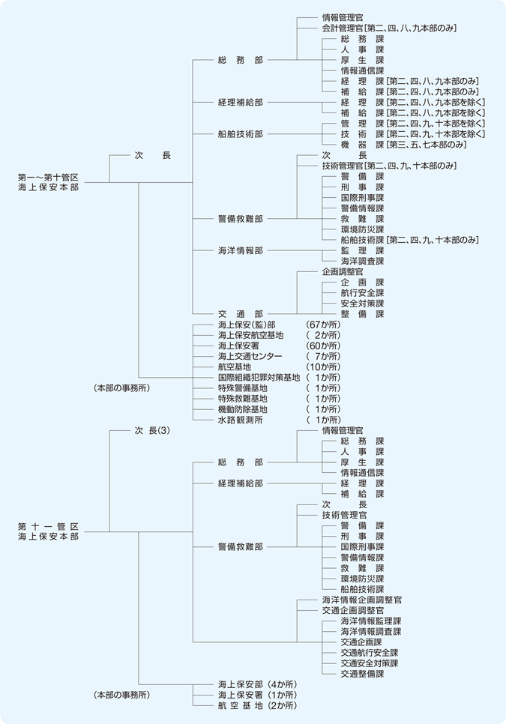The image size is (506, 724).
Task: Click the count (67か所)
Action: coord(323,325)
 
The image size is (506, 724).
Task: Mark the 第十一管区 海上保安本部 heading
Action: coord(48,531)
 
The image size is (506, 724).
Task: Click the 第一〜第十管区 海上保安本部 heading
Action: coord(48,182)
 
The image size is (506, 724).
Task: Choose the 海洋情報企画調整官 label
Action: coord(361,600)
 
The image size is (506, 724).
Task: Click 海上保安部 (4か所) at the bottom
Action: coord(257,684)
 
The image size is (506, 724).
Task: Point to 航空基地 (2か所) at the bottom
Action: coord(257,705)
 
